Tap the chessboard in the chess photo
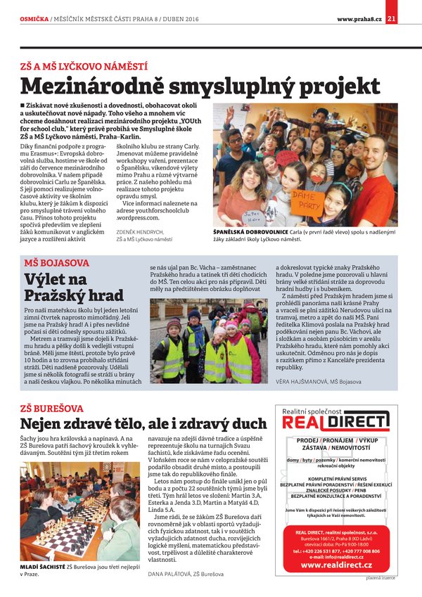tap(68, 534)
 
